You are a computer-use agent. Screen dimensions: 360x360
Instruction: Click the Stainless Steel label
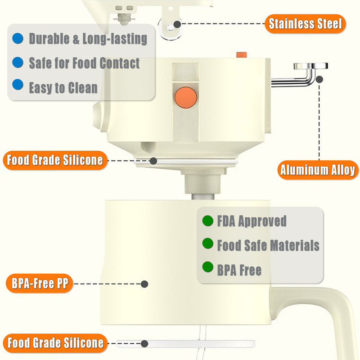click(x=305, y=24)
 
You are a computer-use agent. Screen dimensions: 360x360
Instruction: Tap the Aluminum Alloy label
click(x=317, y=170)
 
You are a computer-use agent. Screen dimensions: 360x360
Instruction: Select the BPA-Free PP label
click(x=40, y=284)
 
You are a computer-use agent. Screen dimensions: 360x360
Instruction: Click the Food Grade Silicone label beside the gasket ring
click(x=55, y=160)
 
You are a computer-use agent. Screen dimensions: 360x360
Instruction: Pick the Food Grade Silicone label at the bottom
click(x=55, y=343)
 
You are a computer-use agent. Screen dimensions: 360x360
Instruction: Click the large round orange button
click(x=186, y=97)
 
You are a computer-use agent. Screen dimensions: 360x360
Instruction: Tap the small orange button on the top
click(x=241, y=55)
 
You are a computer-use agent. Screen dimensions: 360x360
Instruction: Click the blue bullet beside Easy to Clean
click(x=18, y=84)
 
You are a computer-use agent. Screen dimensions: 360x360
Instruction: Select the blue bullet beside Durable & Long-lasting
click(x=18, y=38)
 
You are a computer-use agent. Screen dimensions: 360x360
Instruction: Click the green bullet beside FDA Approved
click(x=207, y=221)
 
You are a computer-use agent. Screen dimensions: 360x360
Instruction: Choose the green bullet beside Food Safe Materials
click(x=207, y=244)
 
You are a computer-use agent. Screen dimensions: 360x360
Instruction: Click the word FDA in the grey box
click(x=227, y=221)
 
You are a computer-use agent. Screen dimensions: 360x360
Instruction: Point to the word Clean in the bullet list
click(x=81, y=87)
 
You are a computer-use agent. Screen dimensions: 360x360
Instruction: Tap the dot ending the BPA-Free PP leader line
click(x=144, y=284)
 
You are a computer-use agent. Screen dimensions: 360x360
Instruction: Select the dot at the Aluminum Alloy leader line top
click(x=319, y=79)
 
